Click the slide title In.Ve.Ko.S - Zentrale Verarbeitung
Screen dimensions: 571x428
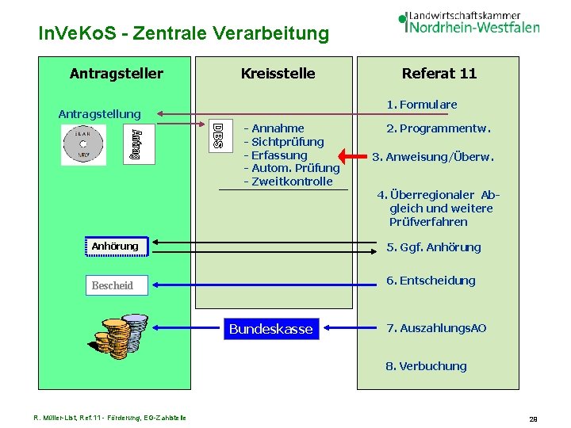183,33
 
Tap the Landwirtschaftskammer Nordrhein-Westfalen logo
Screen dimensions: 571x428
469,22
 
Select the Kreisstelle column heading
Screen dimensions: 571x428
278,74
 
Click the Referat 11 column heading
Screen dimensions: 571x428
439,74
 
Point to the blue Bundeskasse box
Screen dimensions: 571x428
270,328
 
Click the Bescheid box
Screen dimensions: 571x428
112,285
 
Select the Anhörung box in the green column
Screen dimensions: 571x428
114,246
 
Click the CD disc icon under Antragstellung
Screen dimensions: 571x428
82,145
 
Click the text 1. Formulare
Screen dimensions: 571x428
421,105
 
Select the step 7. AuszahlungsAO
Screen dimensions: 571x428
436,328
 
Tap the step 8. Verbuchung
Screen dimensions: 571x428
426,366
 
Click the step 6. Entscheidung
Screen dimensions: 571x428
431,281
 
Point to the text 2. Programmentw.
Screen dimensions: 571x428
438,128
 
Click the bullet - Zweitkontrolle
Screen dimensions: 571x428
288,182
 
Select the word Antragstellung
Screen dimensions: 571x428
99,114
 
